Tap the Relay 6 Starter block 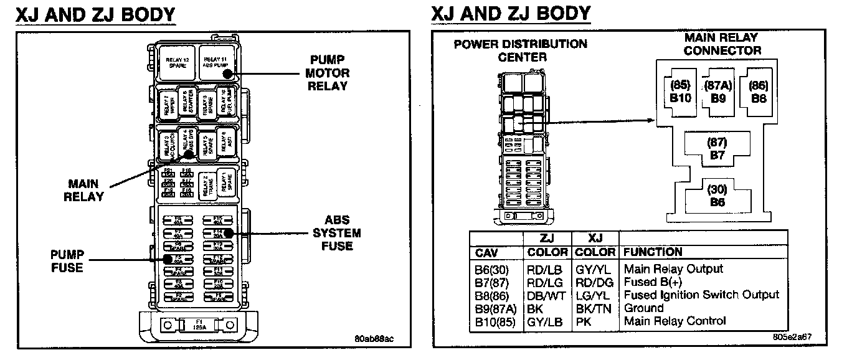pos(186,103)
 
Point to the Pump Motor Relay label pos(327,73)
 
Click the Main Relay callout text pos(87,189)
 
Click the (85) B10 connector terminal pos(681,92)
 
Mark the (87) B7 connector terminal pos(717,148)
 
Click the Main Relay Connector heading pos(722,44)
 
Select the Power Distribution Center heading pos(520,50)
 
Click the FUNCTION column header pos(653,252)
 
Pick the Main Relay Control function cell pos(675,321)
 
